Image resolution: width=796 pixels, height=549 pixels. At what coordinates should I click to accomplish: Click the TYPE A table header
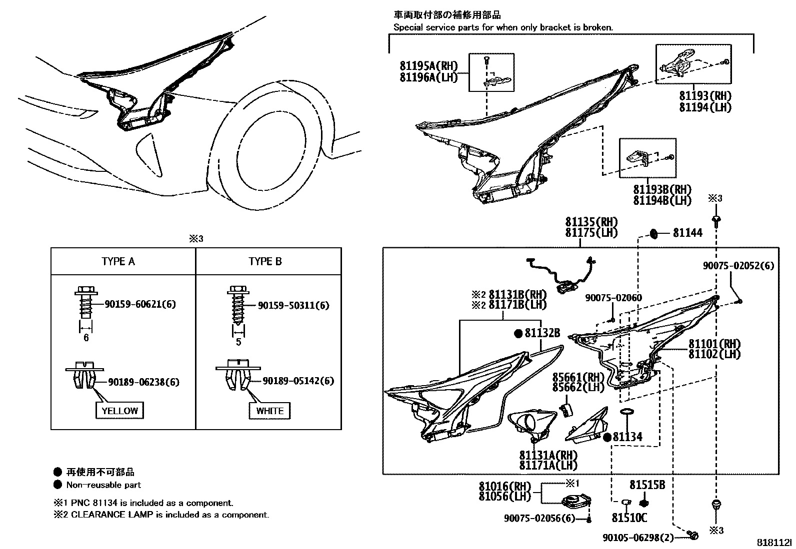[118, 261]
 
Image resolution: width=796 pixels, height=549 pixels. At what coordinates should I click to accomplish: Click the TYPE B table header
[265, 261]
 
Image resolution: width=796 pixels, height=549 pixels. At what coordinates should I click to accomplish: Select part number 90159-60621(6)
[140, 304]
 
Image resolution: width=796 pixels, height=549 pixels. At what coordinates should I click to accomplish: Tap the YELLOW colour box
[119, 411]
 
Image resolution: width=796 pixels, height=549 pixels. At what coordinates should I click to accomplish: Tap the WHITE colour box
[269, 411]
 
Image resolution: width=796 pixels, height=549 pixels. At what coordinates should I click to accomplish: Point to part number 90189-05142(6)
[298, 381]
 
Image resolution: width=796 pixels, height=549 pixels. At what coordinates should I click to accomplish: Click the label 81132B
[542, 333]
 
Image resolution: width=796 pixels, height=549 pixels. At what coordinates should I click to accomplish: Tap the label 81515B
[647, 485]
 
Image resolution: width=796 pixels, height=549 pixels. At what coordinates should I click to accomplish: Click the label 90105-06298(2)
[637, 538]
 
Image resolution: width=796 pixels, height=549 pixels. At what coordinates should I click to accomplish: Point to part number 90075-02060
[613, 298]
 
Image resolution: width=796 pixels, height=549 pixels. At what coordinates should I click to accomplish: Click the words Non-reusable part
[103, 485]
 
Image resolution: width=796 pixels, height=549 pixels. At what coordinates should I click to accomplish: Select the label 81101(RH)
[714, 344]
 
